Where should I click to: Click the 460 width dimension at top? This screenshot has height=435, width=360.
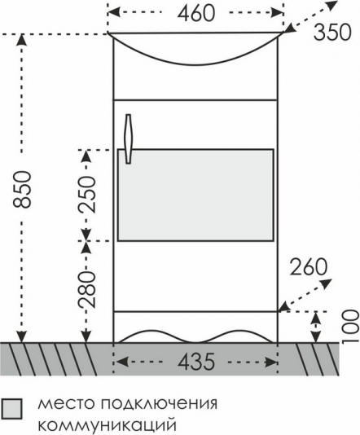[195, 14]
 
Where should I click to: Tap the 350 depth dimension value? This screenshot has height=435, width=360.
[332, 33]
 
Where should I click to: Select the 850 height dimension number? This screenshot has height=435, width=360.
[22, 189]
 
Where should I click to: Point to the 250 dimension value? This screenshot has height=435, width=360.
[87, 194]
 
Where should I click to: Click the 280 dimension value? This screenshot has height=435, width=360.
[87, 289]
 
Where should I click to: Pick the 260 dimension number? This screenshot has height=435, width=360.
[309, 267]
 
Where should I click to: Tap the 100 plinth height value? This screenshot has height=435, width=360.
[350, 327]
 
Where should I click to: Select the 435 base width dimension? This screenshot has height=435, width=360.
[196, 362]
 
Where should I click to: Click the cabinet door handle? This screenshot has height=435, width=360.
[129, 138]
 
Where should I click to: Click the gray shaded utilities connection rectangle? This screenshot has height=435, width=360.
[195, 195]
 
